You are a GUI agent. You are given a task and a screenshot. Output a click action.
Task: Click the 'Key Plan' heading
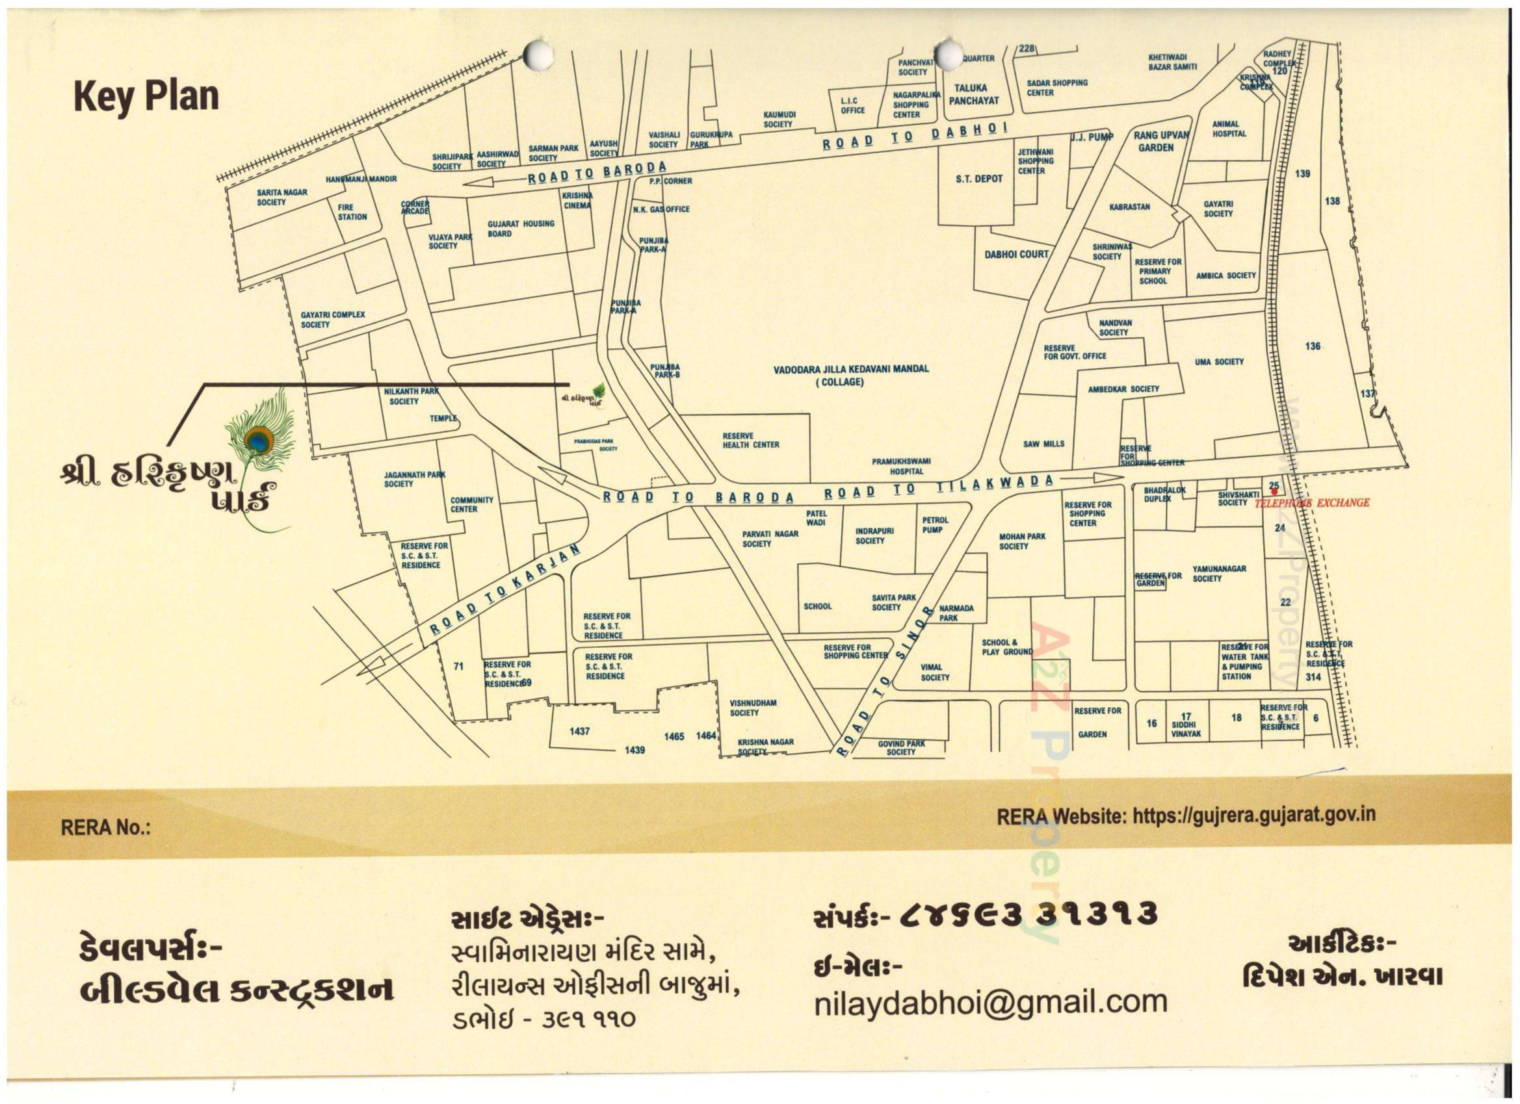[x=146, y=96]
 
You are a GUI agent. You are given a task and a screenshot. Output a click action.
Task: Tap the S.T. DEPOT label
[x=979, y=179]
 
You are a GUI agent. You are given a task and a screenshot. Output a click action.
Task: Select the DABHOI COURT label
[x=1016, y=255]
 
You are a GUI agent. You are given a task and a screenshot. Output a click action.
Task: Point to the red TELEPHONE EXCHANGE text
[x=1311, y=503]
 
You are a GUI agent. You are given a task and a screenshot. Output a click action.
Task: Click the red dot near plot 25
[x=1274, y=493]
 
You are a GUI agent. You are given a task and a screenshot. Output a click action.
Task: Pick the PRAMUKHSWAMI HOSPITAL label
[x=900, y=467]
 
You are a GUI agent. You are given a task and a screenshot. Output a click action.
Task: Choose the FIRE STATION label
[x=352, y=212]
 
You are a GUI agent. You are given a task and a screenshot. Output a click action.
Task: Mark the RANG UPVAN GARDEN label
[x=1160, y=142]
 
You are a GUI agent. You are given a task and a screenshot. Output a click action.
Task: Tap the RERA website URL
[x=1253, y=815]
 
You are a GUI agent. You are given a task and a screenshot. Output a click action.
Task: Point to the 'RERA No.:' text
[x=105, y=828]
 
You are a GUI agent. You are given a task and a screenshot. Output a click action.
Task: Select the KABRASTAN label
[x=1129, y=207]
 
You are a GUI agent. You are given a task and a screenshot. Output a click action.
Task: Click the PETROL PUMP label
[x=935, y=524]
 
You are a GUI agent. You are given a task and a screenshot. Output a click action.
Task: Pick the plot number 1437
[x=580, y=732]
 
